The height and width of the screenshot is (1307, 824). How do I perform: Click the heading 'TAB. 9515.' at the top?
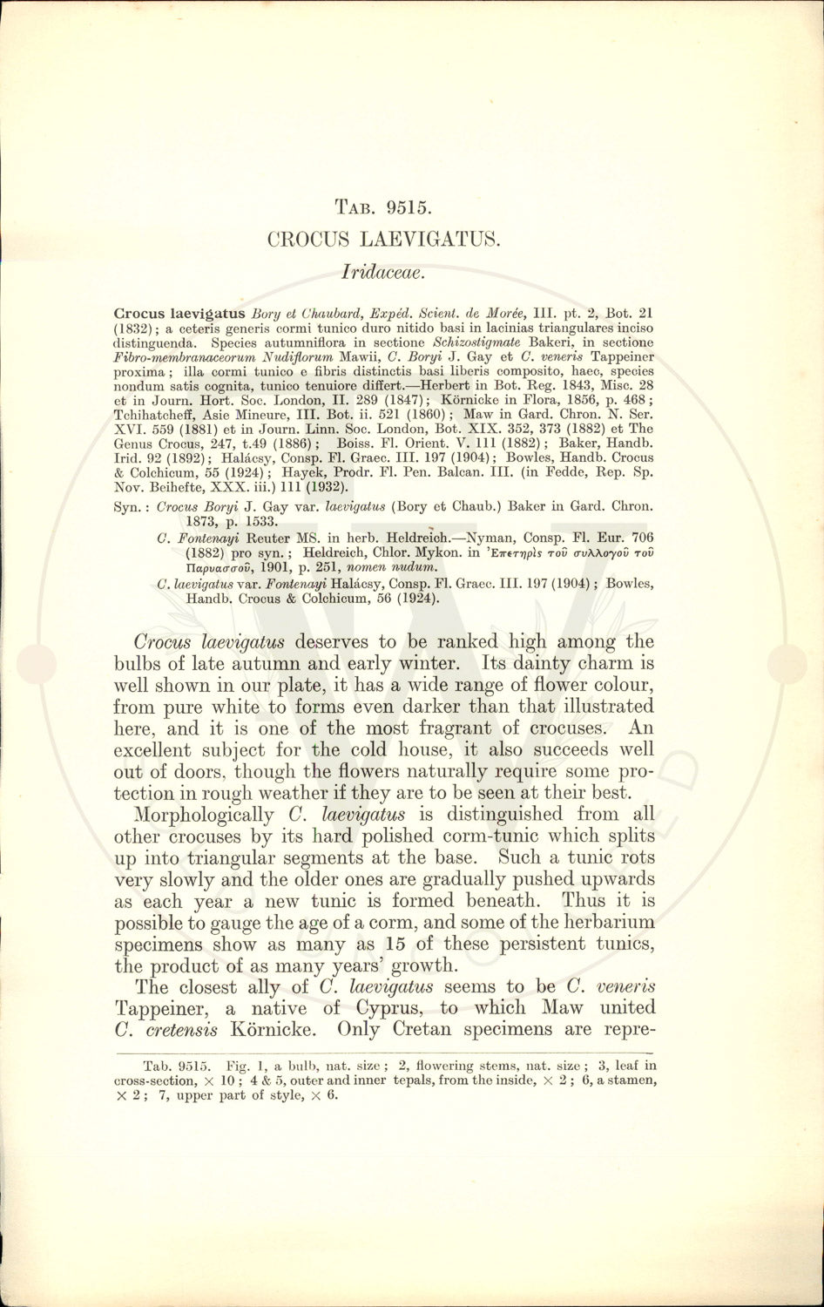pyautogui.click(x=385, y=207)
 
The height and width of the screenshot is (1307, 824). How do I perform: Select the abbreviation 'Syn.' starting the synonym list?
pyautogui.click(x=129, y=506)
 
